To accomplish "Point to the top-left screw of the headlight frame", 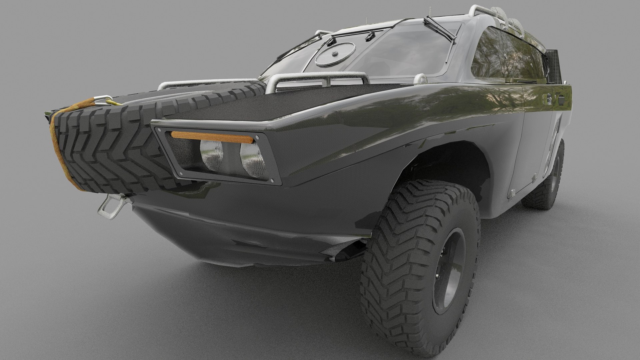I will pyautogui.click(x=159, y=130).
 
